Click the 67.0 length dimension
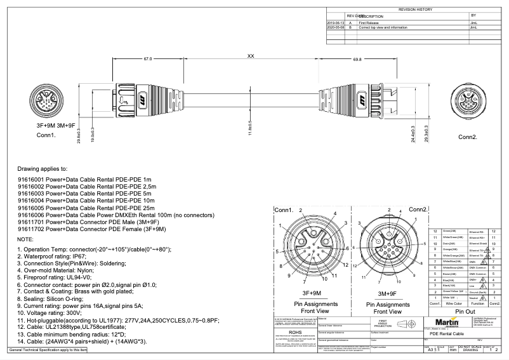147,58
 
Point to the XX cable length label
251,57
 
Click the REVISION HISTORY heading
414,10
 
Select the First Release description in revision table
369,23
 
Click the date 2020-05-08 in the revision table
334,28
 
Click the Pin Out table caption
465,312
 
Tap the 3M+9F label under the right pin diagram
387,293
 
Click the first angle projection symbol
402,324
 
